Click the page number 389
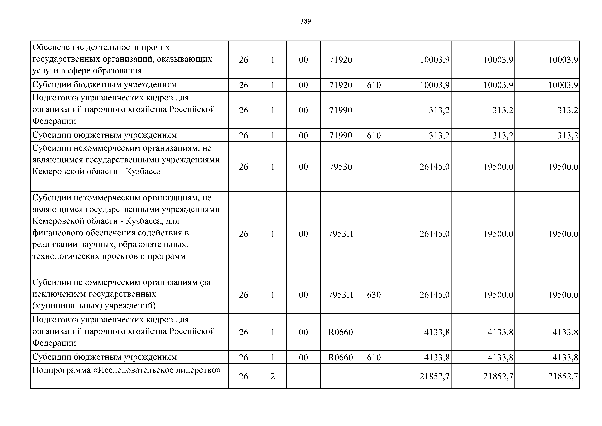click(x=305, y=21)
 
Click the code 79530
click(x=341, y=167)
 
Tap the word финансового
click(x=58, y=233)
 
